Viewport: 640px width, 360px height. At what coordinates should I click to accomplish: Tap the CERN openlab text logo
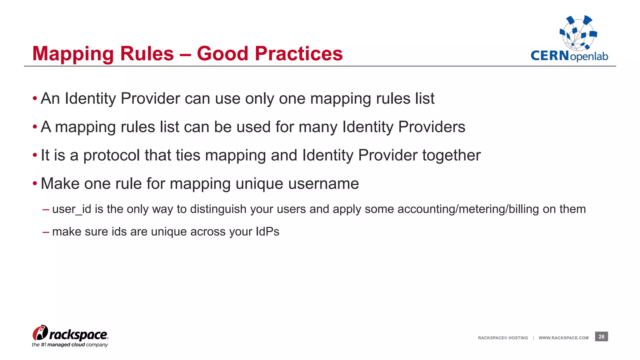569,56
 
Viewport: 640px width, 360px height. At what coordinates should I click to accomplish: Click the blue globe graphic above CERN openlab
578,33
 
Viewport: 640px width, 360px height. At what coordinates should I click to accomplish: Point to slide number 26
601,337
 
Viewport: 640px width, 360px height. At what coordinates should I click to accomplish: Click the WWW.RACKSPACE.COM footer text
563,338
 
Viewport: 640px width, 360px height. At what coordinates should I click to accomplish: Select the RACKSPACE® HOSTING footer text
503,338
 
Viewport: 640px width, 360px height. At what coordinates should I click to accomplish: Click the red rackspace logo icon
40,333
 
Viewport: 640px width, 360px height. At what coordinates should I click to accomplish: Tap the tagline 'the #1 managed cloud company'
70,345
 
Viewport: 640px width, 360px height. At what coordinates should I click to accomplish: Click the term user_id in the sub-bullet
72,209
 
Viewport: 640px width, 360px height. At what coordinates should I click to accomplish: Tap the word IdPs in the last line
267,232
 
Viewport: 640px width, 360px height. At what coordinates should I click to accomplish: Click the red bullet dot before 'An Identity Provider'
35,99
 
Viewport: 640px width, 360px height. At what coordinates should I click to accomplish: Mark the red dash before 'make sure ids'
46,232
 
